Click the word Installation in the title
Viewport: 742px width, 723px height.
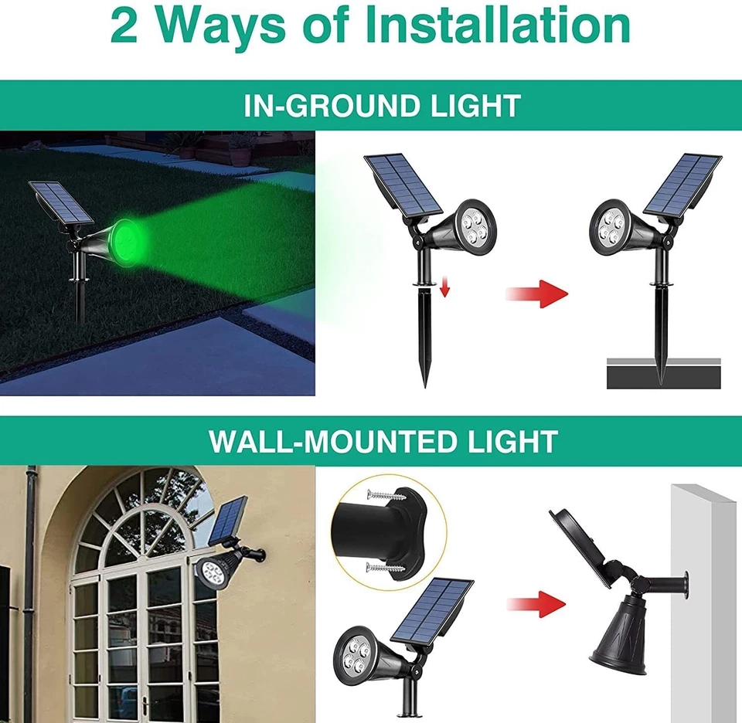click(498, 26)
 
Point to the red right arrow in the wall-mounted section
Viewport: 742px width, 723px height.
click(536, 603)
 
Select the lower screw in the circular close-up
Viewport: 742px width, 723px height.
click(384, 569)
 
